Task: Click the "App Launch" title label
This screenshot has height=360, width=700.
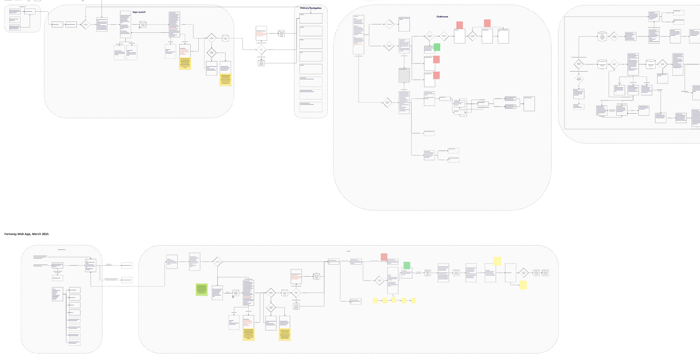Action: click(139, 12)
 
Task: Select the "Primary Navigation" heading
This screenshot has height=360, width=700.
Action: click(311, 8)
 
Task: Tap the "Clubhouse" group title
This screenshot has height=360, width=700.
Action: click(442, 17)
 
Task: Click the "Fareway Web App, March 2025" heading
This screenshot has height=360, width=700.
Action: click(26, 234)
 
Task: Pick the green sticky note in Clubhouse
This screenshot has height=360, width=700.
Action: click(437, 47)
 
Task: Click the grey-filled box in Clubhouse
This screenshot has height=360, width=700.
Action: click(404, 75)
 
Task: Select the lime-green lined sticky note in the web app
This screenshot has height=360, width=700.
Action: click(202, 290)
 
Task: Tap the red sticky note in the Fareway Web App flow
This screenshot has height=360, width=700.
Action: click(384, 257)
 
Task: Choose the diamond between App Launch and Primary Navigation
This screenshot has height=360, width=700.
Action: click(261, 50)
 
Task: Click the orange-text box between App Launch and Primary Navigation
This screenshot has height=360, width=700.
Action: click(261, 33)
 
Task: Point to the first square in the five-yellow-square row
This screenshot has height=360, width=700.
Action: click(375, 301)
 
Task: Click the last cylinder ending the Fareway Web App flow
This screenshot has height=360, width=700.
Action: click(545, 273)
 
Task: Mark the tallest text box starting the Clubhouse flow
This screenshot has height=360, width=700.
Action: click(358, 35)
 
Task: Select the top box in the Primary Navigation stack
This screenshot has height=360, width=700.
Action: click(311, 18)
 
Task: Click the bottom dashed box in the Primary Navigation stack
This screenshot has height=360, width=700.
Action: click(311, 107)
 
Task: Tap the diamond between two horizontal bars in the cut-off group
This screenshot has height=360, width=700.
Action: click(579, 64)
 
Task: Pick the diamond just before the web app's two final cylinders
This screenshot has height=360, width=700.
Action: click(523, 273)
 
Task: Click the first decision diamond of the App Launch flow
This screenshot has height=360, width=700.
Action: click(85, 24)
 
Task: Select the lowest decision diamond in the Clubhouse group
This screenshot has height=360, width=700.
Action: click(387, 103)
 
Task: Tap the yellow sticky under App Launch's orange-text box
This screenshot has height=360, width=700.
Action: click(185, 64)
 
